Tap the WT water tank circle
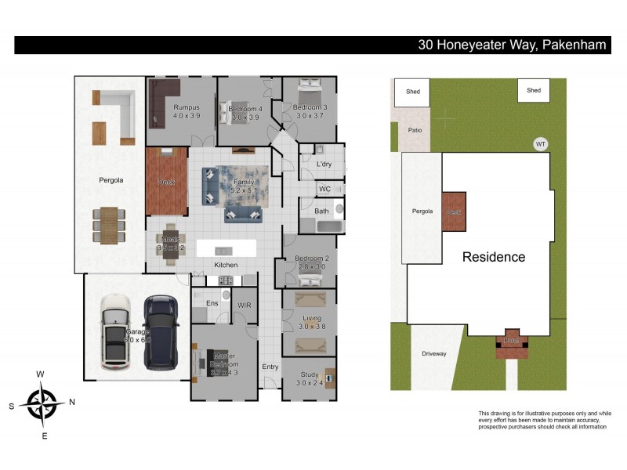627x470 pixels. pos(539,144)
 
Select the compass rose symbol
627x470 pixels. pos(45,403)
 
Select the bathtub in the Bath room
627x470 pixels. pos(321,226)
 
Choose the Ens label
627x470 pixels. pos(211,303)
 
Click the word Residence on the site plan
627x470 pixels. pos(493,257)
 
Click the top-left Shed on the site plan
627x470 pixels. pos(412,92)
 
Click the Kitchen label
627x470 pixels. pos(227,266)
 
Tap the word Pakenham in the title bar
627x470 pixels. pos(573,45)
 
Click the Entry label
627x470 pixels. pos(270,367)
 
